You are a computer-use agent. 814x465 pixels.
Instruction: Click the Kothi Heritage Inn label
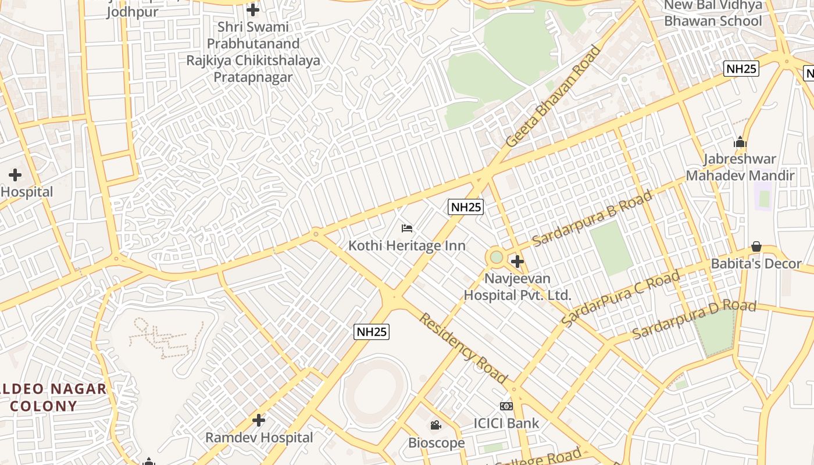(x=407, y=246)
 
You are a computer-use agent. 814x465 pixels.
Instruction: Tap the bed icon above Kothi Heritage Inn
(x=407, y=228)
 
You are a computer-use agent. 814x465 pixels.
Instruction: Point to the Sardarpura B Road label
(x=592, y=219)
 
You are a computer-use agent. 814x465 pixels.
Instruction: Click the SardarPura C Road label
(x=620, y=298)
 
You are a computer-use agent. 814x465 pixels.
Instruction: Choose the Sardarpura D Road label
(x=694, y=319)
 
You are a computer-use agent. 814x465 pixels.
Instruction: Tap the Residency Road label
(x=463, y=348)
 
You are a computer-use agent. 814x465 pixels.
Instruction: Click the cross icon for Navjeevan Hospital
(x=517, y=262)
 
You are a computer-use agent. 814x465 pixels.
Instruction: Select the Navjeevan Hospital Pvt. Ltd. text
(x=517, y=287)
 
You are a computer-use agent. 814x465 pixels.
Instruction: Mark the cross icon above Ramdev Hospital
(x=259, y=420)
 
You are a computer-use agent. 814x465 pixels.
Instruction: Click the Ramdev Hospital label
(x=259, y=438)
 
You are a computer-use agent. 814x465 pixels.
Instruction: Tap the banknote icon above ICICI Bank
(x=506, y=406)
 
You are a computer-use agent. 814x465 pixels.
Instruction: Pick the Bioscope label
(x=436, y=443)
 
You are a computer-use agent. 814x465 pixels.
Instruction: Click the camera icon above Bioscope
(x=435, y=425)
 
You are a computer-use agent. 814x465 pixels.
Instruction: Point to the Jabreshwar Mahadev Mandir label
(x=740, y=167)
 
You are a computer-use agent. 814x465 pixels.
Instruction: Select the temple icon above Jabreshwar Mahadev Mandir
(x=740, y=142)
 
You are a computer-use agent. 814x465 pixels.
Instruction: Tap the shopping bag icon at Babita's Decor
(x=756, y=246)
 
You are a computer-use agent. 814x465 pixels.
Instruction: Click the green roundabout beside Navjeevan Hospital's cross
(x=496, y=256)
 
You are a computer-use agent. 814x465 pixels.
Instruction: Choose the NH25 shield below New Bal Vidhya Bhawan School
(x=741, y=69)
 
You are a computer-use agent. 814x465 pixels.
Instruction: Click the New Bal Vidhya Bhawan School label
(x=713, y=13)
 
